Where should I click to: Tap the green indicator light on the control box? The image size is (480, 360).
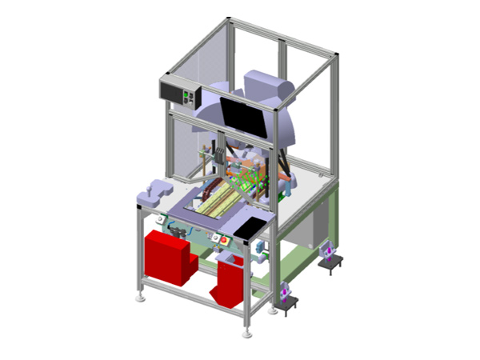(189, 95)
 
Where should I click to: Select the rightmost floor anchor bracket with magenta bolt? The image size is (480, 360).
(329, 256)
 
